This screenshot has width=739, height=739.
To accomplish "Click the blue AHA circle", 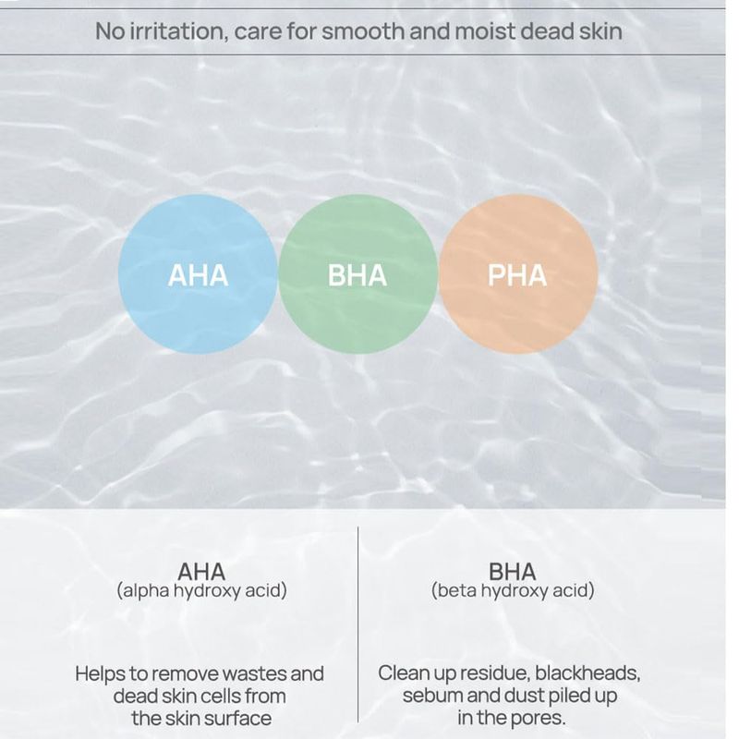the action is pos(198,273).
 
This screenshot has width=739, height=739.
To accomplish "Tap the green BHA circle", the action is pos(357,273).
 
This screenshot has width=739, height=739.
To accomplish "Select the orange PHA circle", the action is pos(518,273).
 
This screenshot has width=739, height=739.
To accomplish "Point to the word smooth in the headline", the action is pos(363,31).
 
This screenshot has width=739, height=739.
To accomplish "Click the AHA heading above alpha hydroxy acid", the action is pos(201,572).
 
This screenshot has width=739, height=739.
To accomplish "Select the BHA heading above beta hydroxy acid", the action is pos(513,572).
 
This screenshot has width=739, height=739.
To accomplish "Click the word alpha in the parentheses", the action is pos(145,590).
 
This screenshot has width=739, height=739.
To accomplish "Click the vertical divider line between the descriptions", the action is pos(357,624).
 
